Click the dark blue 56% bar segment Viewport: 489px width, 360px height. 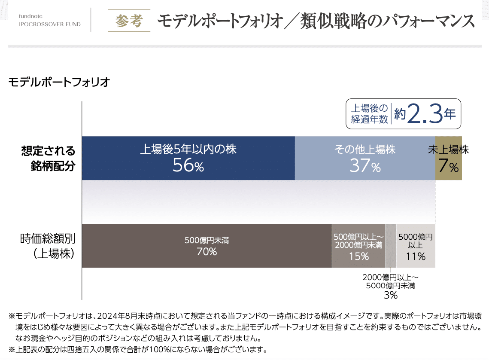pos(188,158)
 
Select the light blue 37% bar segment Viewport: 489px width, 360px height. pos(365,158)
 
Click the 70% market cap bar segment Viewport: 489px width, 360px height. pos(207,246)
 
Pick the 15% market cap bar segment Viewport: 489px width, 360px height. pos(358,246)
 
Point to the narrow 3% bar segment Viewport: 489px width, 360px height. pos(391,246)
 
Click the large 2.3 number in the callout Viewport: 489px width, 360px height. pos(425,114)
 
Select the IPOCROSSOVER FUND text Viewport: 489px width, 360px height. pos(50,24)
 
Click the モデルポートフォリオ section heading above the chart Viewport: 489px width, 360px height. pos(59,82)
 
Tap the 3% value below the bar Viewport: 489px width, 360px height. pos(390,295)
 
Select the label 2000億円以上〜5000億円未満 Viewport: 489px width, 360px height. pos(390,281)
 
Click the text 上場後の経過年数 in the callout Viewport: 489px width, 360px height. pos(369,114)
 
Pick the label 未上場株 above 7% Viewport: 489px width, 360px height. pos(448,150)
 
